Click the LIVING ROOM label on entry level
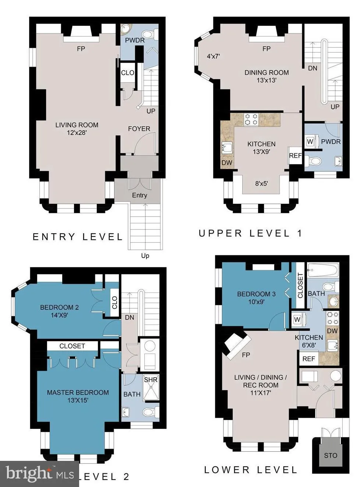[x=77, y=125]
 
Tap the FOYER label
[x=139, y=129]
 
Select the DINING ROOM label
[x=267, y=73]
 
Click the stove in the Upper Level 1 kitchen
[x=251, y=119]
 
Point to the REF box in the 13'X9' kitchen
[x=295, y=155]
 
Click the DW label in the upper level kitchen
[x=227, y=163]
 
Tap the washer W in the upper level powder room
[x=310, y=141]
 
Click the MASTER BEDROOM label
[x=78, y=393]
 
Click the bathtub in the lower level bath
[x=323, y=270]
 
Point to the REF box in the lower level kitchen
[x=309, y=359]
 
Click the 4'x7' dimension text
[x=213, y=56]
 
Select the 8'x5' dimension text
[x=261, y=183]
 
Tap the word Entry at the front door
[x=140, y=195]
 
